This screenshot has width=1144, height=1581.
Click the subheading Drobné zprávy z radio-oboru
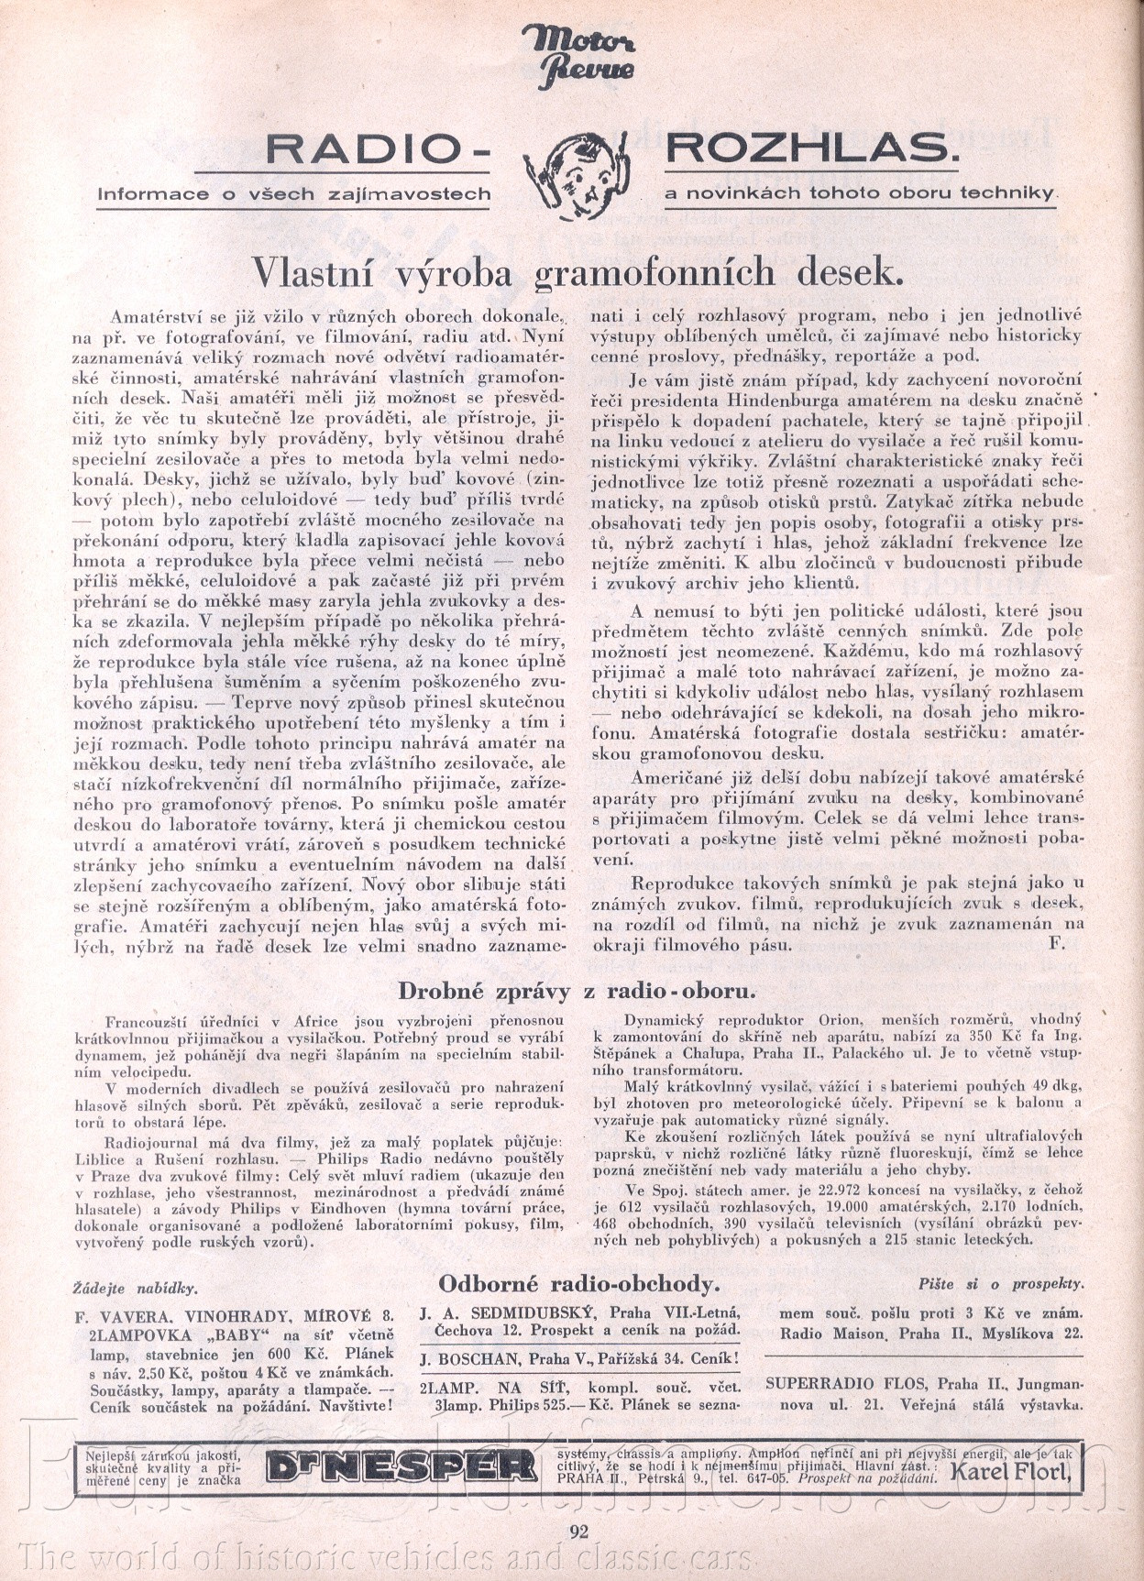coord(577,991)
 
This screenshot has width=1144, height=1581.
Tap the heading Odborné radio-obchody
coord(578,1283)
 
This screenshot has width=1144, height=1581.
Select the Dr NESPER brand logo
coord(401,1467)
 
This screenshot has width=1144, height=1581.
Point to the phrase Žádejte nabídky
coord(135,1287)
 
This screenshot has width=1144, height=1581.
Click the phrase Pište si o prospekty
coord(1001,1284)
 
